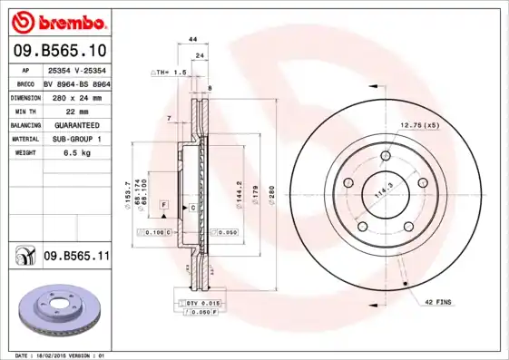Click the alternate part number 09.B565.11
click(76, 258)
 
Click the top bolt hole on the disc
click(385, 157)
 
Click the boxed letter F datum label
click(162, 207)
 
